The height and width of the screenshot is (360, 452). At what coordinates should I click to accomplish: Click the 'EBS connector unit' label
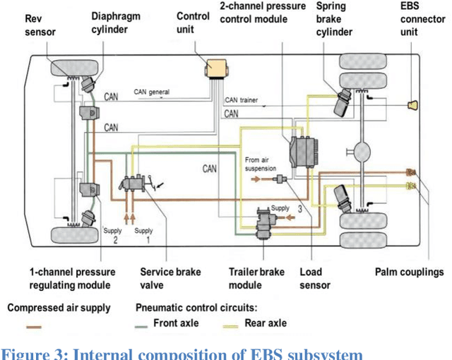[422, 18]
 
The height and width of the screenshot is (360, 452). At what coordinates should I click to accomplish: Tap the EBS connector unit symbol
[415, 105]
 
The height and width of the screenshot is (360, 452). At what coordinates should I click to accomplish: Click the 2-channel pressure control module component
[302, 152]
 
